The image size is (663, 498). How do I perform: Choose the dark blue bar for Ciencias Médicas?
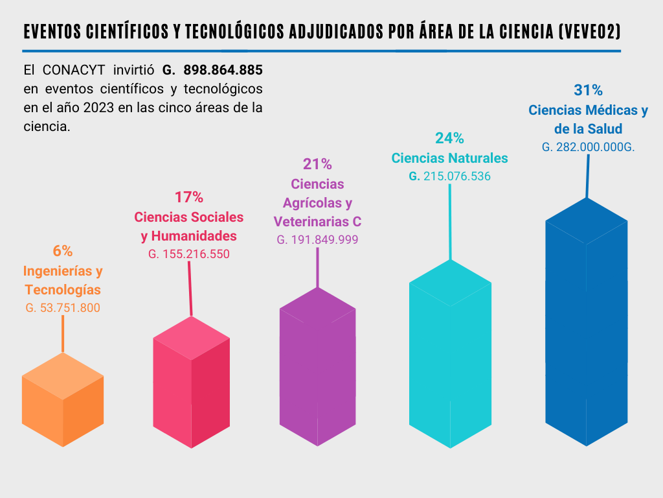coord(587,324)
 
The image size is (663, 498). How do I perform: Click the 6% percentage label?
coord(63,250)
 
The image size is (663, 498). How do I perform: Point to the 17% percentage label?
coord(188,196)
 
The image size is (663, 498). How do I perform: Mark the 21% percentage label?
coord(317,165)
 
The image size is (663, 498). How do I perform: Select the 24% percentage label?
coord(449,137)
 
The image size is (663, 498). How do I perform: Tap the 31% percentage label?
coord(588,89)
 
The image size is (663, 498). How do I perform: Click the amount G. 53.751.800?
coord(63,308)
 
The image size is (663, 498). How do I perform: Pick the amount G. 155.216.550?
coord(188,254)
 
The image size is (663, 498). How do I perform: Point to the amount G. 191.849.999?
coord(317,239)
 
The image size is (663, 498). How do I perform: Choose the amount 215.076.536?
coord(457,176)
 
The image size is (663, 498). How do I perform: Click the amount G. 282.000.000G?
coord(588,147)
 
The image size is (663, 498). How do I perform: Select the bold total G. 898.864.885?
coord(213,69)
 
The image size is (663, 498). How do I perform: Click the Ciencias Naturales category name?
coord(449,158)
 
